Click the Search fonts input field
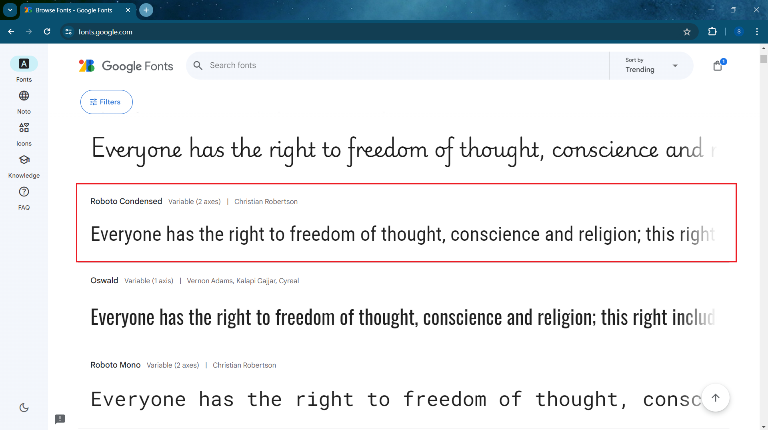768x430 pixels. point(400,66)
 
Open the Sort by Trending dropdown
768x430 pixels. point(651,66)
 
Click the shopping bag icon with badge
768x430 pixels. point(718,65)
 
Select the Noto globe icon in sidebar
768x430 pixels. point(24,96)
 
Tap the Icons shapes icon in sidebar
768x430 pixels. point(24,128)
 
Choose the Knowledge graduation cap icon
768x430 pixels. point(24,160)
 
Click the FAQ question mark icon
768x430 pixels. point(24,192)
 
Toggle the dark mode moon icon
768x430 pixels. point(24,408)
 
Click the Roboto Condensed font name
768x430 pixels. point(126,201)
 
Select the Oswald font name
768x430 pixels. point(104,280)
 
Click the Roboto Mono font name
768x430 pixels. point(116,365)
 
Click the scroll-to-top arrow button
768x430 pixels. point(716,398)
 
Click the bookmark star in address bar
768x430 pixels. point(687,32)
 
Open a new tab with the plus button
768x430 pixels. point(146,10)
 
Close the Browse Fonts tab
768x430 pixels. point(128,10)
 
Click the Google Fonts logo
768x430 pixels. point(126,66)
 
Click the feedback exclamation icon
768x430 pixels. point(60,419)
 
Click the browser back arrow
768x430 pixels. point(11,32)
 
